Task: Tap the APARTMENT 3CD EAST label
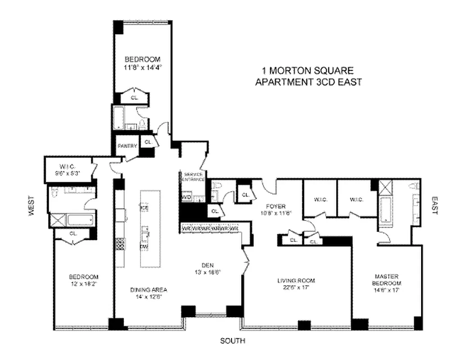point(308,82)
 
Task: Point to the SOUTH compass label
point(232,341)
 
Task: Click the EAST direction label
point(435,205)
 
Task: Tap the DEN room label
point(207,265)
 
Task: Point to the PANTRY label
point(127,146)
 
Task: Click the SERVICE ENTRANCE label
point(193,176)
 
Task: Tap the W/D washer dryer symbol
point(186,197)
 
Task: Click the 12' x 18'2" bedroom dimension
point(83,284)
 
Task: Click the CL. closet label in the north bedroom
point(134,97)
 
